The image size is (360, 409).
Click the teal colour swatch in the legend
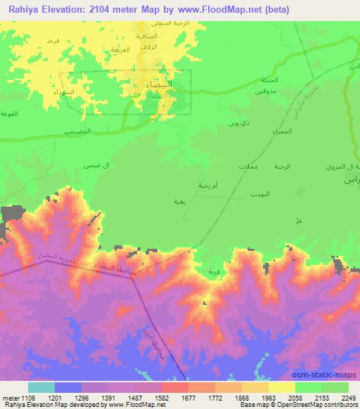(x=41, y=387)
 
